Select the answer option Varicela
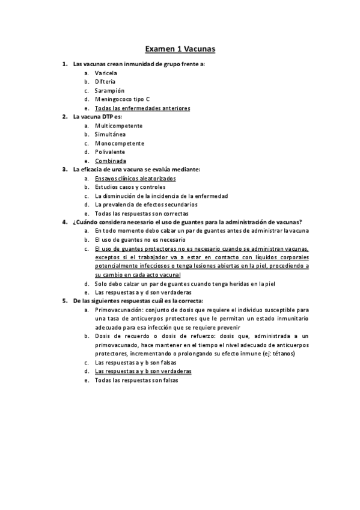coord(106,73)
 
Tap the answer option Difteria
coord(105,82)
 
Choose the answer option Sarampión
coord(109,91)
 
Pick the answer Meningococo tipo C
coord(123,99)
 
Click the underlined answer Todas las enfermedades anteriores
coord(142,108)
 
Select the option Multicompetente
coord(118,126)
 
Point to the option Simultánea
coord(110,135)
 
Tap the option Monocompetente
coord(120,144)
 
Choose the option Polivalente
coord(110,152)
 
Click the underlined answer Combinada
coord(110,161)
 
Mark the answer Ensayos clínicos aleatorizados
coord(135,179)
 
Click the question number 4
coord(64,223)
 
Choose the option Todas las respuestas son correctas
coord(141,214)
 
